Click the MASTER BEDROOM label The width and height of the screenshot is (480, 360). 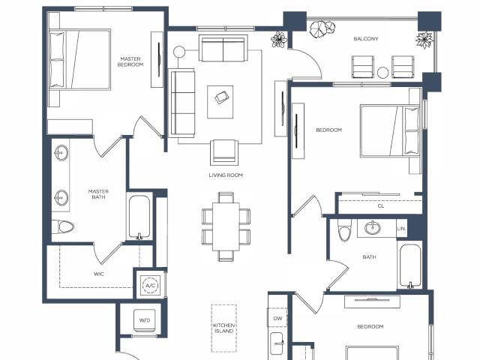(130, 61)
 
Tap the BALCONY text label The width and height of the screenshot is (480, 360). (366, 39)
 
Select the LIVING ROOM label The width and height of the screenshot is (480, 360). (226, 175)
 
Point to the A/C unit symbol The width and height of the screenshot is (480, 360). (150, 286)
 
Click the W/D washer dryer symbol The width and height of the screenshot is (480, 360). (145, 320)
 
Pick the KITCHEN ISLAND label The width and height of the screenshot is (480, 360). (223, 328)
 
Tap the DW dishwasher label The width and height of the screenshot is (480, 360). (277, 319)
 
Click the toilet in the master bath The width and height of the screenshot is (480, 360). (63, 227)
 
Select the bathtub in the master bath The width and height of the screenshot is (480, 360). (139, 217)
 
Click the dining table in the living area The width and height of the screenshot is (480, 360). (226, 226)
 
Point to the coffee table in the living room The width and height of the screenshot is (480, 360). (220, 102)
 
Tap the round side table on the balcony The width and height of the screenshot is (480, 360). (382, 73)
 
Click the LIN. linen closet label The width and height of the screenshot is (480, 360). (402, 229)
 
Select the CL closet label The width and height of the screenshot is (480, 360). (381, 206)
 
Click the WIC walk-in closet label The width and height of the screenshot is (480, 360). (99, 274)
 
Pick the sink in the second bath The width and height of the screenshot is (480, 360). (373, 228)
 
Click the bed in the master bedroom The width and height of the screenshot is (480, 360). (80, 59)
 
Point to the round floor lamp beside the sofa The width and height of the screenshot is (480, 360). (179, 52)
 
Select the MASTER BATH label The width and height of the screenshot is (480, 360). (98, 194)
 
